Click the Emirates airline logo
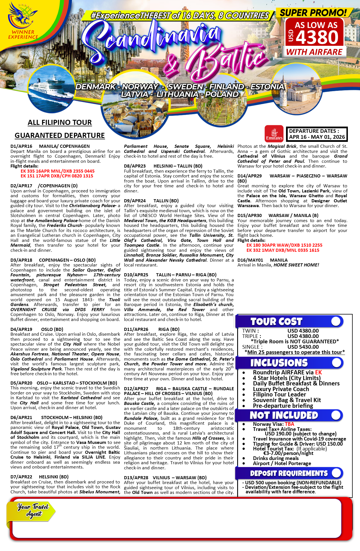coord(274,133)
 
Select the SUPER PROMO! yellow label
coord(313,13)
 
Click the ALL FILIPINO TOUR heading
coord(60,122)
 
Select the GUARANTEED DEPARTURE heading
coord(60,135)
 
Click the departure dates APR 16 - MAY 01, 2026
coord(317,137)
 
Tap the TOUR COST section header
coord(276,322)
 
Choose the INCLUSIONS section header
coord(279,363)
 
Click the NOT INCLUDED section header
coord(284,415)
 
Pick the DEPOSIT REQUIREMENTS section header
coord(289,473)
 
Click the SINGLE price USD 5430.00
coord(303,347)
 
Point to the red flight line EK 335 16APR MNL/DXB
coord(57,171)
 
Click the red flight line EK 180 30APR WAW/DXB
coord(284,245)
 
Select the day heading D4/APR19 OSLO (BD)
coord(37,329)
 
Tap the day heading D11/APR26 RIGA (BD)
coord(152,329)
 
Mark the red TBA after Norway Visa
coord(289,424)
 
